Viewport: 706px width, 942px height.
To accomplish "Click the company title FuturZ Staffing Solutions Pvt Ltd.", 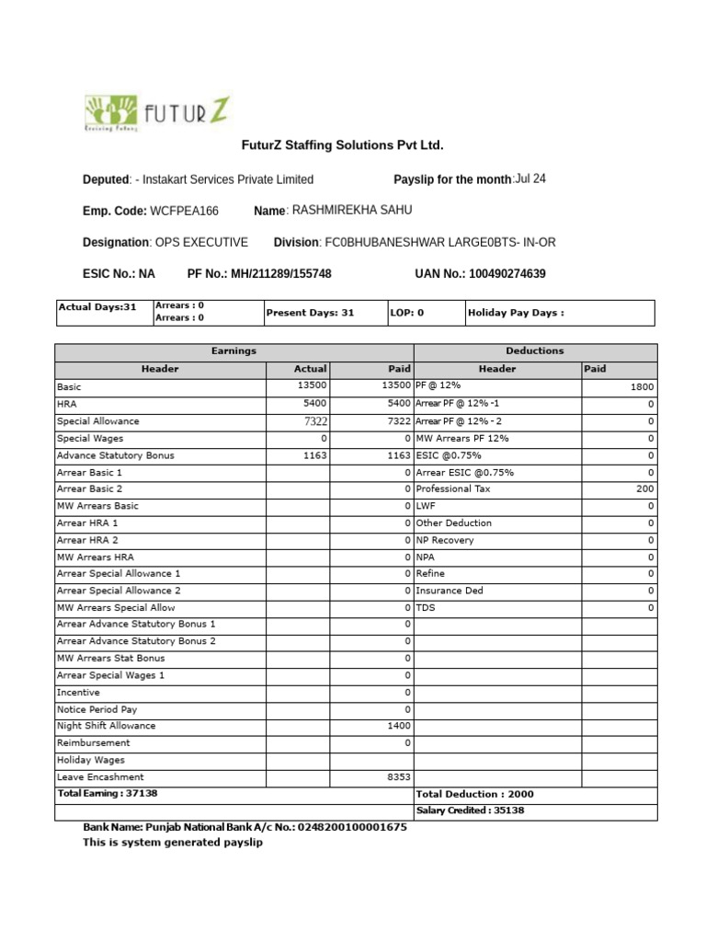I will tap(342, 145).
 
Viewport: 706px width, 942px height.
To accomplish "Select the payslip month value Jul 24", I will tap(530, 178).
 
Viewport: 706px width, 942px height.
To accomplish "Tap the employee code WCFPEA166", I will tap(185, 212).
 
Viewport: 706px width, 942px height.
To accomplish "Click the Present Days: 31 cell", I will tap(310, 313).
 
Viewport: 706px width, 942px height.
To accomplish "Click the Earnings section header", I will tap(234, 351).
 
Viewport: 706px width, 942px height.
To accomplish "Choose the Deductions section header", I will tap(535, 351).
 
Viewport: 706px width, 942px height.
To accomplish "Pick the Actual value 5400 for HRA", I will tap(314, 404).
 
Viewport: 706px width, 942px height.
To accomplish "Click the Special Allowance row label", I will tap(98, 421).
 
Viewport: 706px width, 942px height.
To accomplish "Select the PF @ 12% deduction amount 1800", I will tap(642, 388).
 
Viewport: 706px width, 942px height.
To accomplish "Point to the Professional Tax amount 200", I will tap(644, 489).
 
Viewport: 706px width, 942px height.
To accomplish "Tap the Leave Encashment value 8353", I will tap(399, 777).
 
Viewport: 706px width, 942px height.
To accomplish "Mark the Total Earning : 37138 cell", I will tap(101, 793).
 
